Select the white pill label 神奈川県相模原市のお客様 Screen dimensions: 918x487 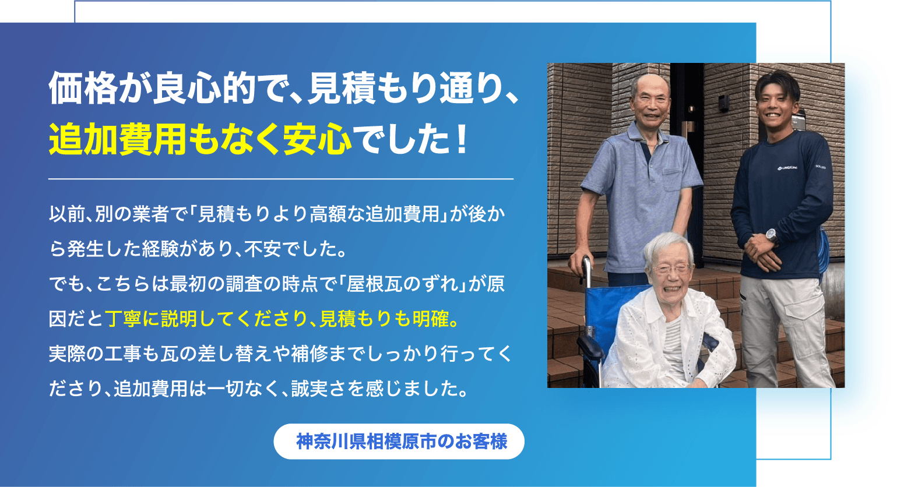pos(399,441)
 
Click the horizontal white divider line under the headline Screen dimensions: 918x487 pos(281,179)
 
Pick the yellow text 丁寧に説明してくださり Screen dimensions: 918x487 pos(206,319)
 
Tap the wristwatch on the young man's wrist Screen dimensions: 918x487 pos(771,236)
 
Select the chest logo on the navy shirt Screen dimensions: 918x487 pos(787,168)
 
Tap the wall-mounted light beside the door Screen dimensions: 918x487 pos(724,103)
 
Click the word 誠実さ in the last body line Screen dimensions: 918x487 pos(318,389)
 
